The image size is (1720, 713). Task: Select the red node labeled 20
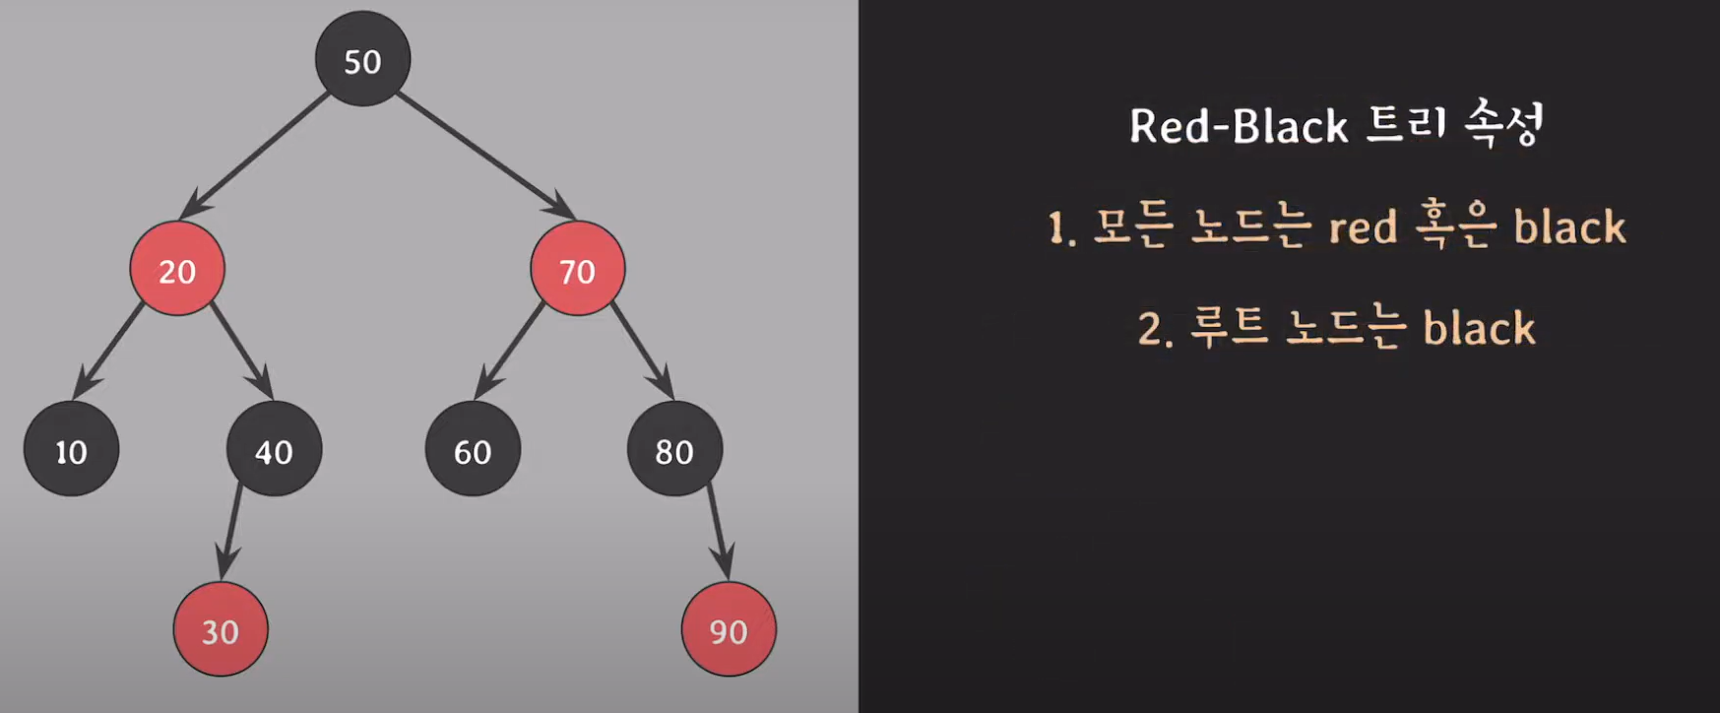point(177,269)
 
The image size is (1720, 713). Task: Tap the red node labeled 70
point(577,269)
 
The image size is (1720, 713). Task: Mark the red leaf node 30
point(221,629)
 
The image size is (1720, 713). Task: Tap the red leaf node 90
point(729,629)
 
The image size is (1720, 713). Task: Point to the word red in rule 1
point(1363,227)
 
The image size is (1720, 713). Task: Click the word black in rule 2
point(1479,328)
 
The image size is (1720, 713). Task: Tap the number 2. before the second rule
point(1155,329)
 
